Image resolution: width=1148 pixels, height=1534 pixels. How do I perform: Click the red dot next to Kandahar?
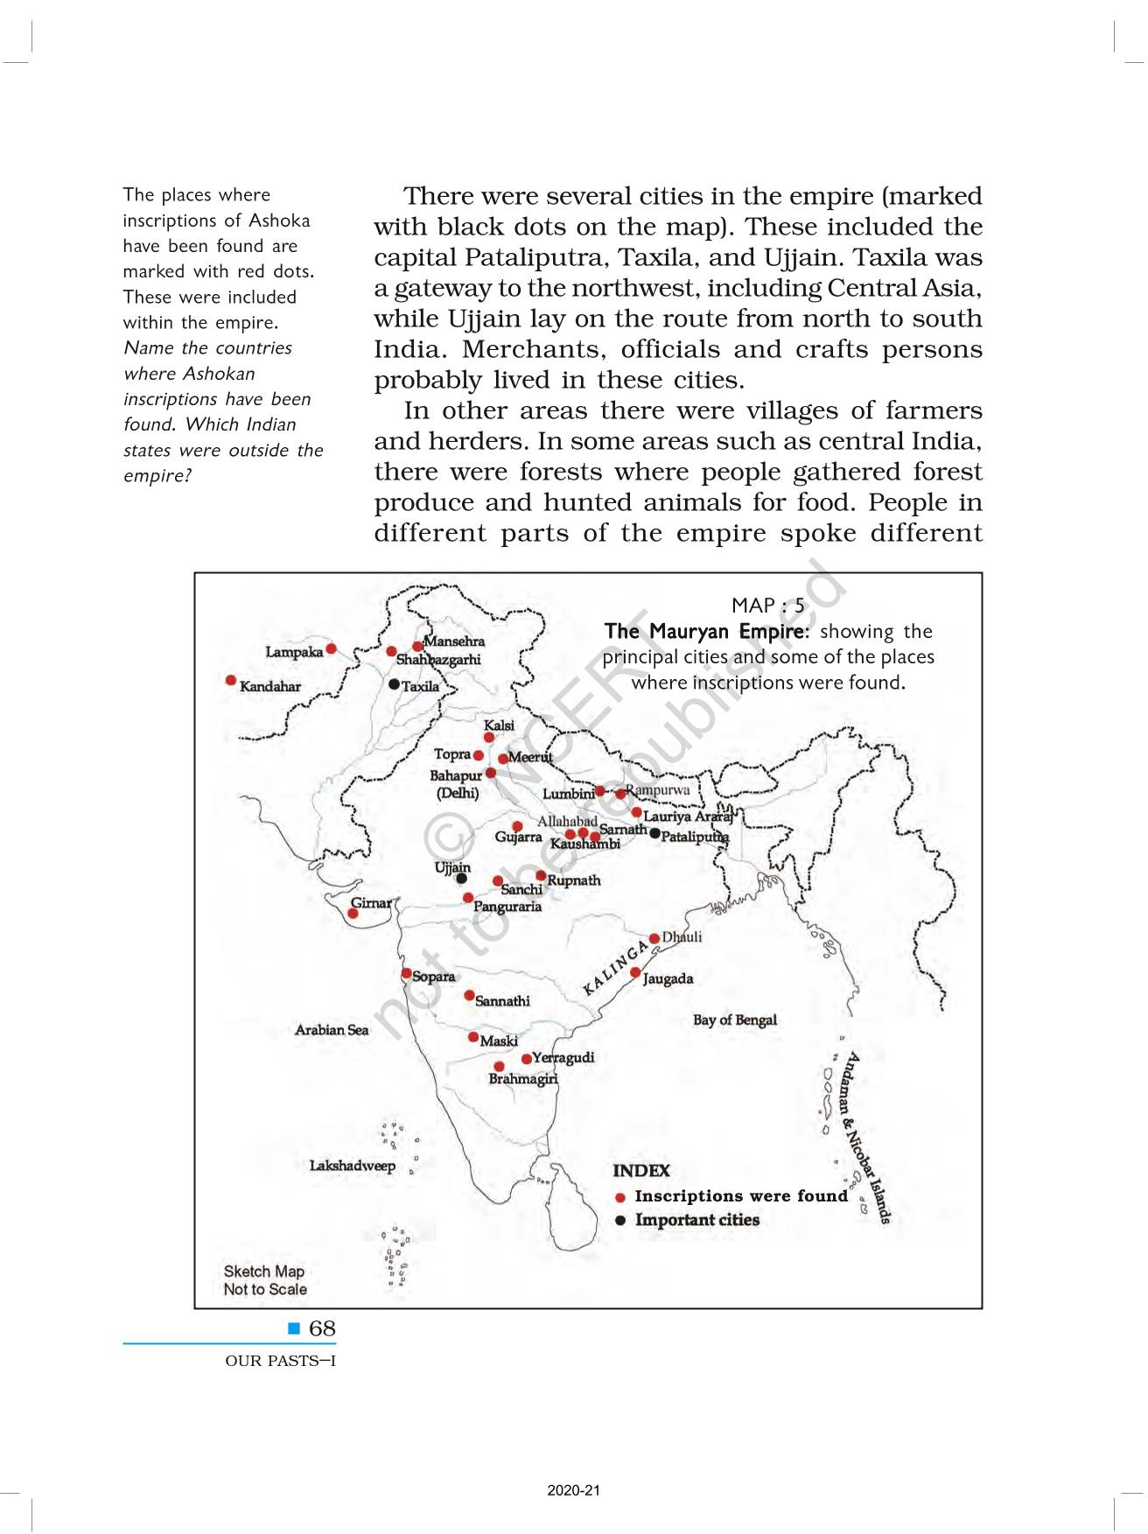pyautogui.click(x=231, y=680)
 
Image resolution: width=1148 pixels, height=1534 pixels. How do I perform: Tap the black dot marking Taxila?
pyautogui.click(x=394, y=684)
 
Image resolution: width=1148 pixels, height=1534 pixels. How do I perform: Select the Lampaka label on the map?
pyautogui.click(x=294, y=652)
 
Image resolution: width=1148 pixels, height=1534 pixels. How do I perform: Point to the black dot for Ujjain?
pyautogui.click(x=461, y=879)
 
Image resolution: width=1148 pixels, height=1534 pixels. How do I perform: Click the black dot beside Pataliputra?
pyautogui.click(x=654, y=833)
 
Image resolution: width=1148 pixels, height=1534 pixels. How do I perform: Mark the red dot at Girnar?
pyautogui.click(x=353, y=913)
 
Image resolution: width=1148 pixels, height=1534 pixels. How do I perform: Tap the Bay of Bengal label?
pyautogui.click(x=734, y=1019)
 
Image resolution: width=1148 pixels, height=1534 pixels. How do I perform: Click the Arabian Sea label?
pyautogui.click(x=332, y=1030)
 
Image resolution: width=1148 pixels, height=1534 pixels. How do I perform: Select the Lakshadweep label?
pyautogui.click(x=352, y=1166)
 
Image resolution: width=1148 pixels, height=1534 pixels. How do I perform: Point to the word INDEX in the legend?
pyautogui.click(x=641, y=1171)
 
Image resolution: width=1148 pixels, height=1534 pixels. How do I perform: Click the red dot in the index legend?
pyautogui.click(x=620, y=1197)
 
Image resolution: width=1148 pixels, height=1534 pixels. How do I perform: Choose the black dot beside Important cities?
pyautogui.click(x=620, y=1221)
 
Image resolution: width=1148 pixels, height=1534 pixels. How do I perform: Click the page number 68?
pyautogui.click(x=322, y=1328)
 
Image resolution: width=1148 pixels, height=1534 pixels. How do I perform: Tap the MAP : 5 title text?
pyautogui.click(x=767, y=606)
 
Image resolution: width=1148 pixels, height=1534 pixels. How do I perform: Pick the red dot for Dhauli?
pyautogui.click(x=654, y=938)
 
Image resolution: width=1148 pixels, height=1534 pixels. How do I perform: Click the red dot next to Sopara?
pyautogui.click(x=407, y=973)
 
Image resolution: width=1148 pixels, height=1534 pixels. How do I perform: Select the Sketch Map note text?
pyautogui.click(x=264, y=1280)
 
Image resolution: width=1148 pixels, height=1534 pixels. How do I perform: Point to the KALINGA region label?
pyautogui.click(x=616, y=970)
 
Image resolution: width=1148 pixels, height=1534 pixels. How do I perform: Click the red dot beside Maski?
pyautogui.click(x=473, y=1037)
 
